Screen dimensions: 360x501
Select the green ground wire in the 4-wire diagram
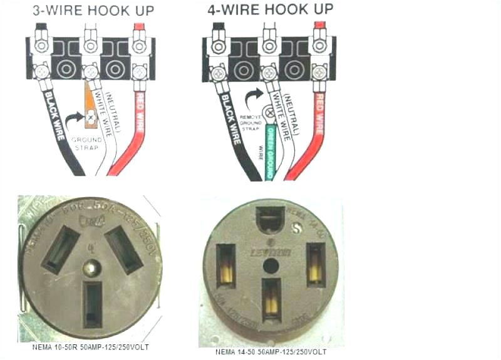[271, 150]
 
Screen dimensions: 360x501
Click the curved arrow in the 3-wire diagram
[76, 118]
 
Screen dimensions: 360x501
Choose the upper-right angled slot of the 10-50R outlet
[124, 249]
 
